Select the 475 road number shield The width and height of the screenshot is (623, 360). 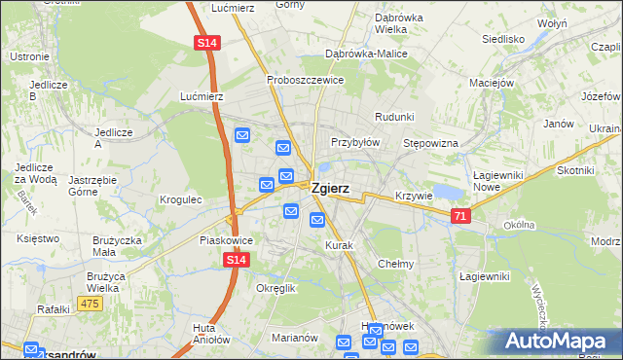point(90,304)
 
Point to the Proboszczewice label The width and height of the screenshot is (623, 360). point(305,80)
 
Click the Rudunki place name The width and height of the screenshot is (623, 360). point(394,117)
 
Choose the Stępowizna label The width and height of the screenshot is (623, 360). point(430,143)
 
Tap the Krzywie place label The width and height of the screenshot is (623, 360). point(414,196)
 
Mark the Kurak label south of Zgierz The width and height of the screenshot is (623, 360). point(339,245)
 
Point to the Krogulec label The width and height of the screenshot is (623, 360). point(180,199)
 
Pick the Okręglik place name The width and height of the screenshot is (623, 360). point(275,289)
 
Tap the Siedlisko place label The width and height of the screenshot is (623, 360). point(503,40)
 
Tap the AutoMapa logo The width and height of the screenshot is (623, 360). point(559,342)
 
